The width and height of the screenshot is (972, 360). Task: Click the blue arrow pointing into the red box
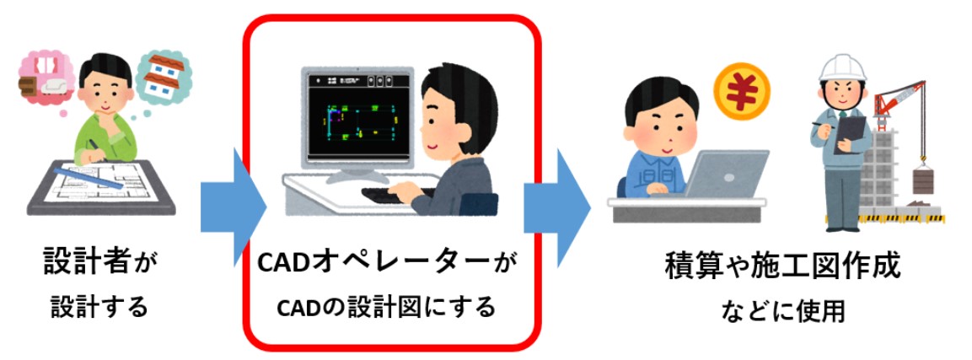233,207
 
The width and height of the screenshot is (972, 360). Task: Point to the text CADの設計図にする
385,306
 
